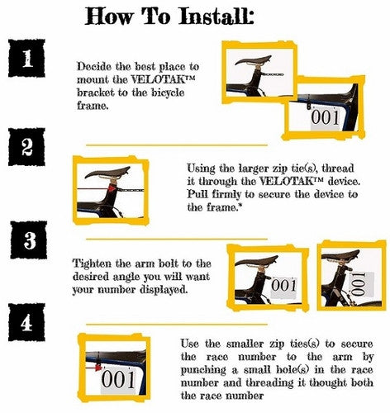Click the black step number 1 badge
pos(26,58)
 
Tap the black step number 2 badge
pos(26,147)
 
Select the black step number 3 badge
pos(29,240)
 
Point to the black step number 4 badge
pos(26,322)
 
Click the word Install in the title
pos(216,16)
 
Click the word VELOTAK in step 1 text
pos(164,79)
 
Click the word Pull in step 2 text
pos(197,194)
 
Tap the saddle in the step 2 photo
pos(107,173)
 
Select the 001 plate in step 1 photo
pos(326,118)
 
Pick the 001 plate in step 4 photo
pos(119,380)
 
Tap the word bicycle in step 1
pos(168,93)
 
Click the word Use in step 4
pos(190,344)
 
